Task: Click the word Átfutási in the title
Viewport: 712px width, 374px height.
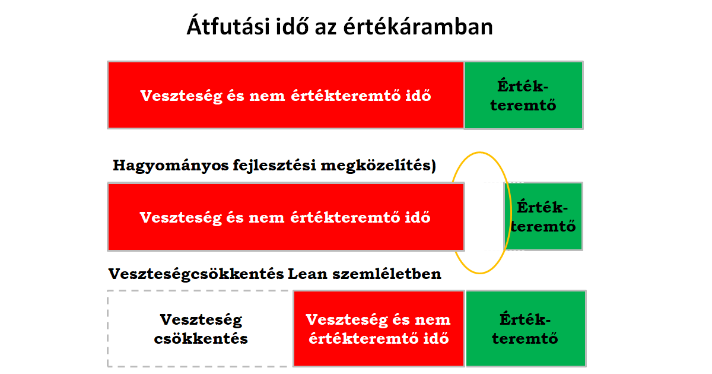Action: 228,26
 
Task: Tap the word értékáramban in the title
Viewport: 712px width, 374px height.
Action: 418,26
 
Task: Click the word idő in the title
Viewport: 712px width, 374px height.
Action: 292,26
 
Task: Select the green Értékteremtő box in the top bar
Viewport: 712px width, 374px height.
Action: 523,96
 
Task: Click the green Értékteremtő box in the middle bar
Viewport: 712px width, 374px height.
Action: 543,217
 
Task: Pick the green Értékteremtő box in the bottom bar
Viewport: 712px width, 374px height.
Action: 526,328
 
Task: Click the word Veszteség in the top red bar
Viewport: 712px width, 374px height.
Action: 181,96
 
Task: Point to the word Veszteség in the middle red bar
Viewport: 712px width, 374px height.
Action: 180,217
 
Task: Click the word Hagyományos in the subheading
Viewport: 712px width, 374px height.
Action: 171,166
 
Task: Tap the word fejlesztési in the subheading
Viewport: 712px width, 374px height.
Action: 275,166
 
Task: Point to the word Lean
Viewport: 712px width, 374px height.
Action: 308,274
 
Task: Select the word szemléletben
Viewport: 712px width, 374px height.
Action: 387,274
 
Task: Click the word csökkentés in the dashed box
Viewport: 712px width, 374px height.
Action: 201,338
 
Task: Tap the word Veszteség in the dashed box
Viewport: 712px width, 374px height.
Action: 201,320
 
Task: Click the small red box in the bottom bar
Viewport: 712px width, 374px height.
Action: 379,328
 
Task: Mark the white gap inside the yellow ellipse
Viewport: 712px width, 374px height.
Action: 484,217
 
